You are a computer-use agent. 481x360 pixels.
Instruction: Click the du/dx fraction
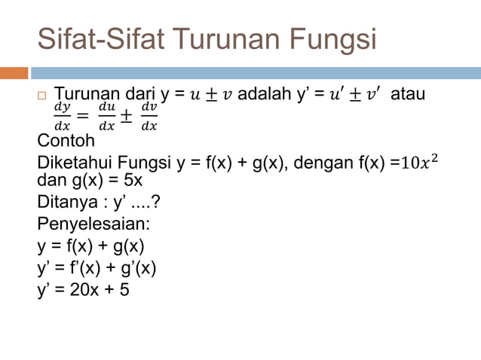(x=107, y=117)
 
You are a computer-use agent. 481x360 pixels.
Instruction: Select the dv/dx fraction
(x=149, y=117)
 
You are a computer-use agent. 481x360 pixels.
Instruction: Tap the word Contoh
(x=67, y=140)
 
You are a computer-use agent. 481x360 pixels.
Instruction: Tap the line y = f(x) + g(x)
(x=90, y=246)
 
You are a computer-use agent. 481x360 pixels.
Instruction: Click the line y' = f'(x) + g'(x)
(x=97, y=267)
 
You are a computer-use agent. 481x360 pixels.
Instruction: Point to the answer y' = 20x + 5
(x=83, y=288)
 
